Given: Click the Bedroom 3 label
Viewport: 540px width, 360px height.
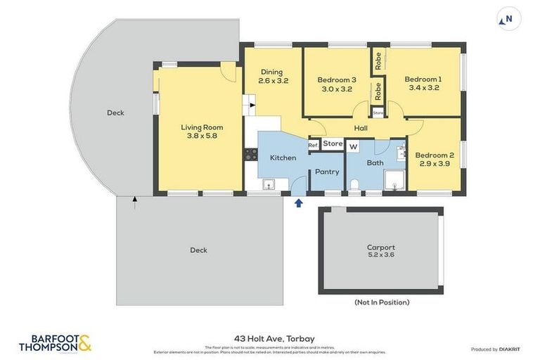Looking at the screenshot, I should click(x=336, y=84).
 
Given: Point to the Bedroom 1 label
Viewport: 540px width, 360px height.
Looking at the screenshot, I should click(x=424, y=83).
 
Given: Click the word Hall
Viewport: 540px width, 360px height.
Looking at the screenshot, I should click(x=361, y=128).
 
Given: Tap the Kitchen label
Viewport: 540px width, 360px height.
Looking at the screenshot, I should click(x=283, y=157).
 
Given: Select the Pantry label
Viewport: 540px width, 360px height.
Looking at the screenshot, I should click(x=327, y=172).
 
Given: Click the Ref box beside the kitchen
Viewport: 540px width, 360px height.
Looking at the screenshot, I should click(x=314, y=145).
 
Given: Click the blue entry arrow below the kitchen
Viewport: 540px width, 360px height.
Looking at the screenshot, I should click(x=298, y=203).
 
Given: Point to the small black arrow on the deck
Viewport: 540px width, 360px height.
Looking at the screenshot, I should click(x=134, y=202).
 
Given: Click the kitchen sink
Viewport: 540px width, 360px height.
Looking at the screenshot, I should click(x=268, y=184).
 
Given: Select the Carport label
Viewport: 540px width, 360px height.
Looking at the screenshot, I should click(x=381, y=251).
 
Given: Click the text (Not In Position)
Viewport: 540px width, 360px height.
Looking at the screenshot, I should click(x=381, y=302).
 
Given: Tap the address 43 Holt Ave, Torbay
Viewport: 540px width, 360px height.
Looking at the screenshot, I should click(x=269, y=338).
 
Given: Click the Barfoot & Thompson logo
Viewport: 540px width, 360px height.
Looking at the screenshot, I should click(x=55, y=343).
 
